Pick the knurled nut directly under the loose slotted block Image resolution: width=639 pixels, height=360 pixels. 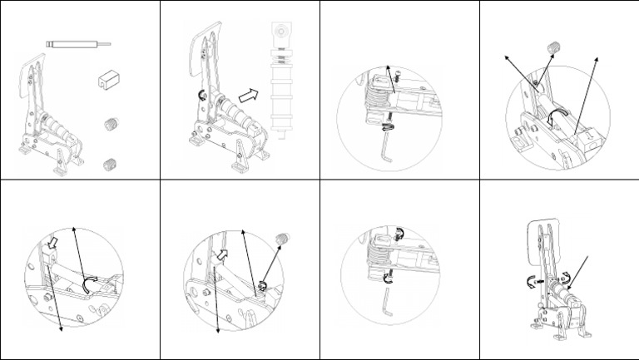click(x=108, y=126)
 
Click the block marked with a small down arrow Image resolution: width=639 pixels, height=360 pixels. click(x=589, y=133)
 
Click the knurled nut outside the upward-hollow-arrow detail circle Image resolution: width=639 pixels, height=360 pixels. click(x=280, y=240)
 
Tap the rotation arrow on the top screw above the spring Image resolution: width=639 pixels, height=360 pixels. click(x=398, y=234)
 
